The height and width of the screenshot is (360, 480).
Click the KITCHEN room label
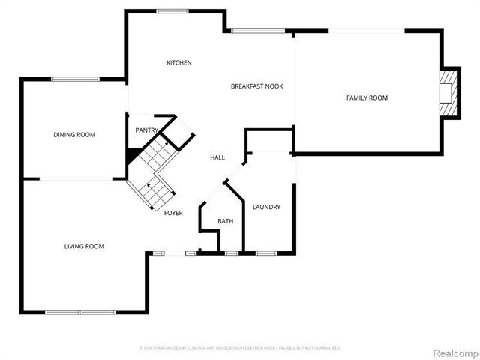[179, 62]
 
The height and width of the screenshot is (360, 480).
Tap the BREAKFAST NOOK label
[256, 86]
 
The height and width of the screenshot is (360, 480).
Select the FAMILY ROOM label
[367, 97]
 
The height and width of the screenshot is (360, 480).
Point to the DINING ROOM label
[74, 134]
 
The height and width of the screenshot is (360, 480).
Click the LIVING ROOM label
[83, 246]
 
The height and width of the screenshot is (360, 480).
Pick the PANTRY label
[146, 130]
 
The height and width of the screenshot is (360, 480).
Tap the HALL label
[217, 157]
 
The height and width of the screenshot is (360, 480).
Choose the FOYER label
[173, 213]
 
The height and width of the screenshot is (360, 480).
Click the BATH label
[225, 221]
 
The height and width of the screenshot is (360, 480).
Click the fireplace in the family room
[447, 93]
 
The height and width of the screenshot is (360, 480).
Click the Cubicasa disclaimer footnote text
[240, 348]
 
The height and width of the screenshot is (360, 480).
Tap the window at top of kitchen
[172, 10]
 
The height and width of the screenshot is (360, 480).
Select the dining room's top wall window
[75, 79]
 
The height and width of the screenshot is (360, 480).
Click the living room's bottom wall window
[81, 312]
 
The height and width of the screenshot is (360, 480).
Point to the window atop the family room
[367, 31]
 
